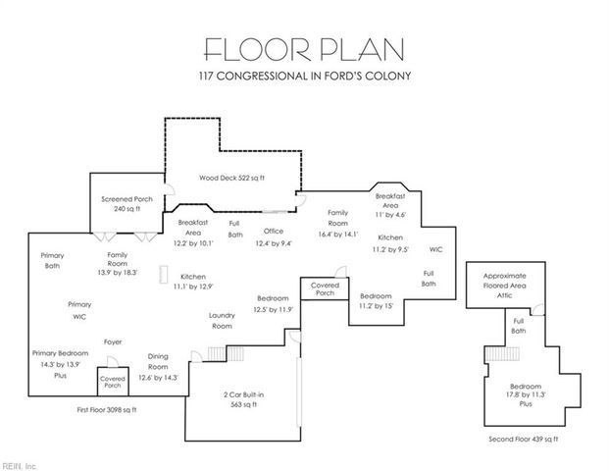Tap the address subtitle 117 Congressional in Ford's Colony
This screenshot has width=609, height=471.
[304, 76]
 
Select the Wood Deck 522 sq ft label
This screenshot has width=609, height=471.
[231, 178]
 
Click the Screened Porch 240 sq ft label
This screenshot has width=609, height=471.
[122, 203]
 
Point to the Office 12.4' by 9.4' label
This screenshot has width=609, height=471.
[273, 236]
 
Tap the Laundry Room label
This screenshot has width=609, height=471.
[223, 320]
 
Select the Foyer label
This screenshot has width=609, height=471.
[113, 341]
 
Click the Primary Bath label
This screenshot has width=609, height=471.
[52, 260]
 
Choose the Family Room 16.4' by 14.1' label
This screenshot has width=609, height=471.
[338, 224]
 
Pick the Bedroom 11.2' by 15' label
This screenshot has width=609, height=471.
[376, 301]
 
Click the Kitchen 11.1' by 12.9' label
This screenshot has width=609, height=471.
[192, 282]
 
